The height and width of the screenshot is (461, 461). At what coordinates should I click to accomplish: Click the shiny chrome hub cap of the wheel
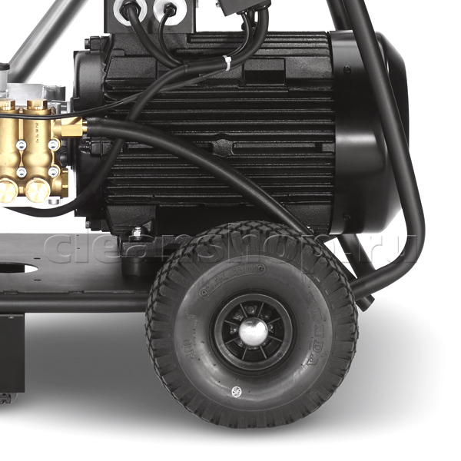[251, 331]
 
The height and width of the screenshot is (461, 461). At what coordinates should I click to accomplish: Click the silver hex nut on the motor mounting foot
[136, 231]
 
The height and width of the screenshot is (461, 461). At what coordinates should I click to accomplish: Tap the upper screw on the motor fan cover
[348, 71]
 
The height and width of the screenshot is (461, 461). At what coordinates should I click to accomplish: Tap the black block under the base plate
[12, 350]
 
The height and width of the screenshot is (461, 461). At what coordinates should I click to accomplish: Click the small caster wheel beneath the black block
[6, 398]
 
